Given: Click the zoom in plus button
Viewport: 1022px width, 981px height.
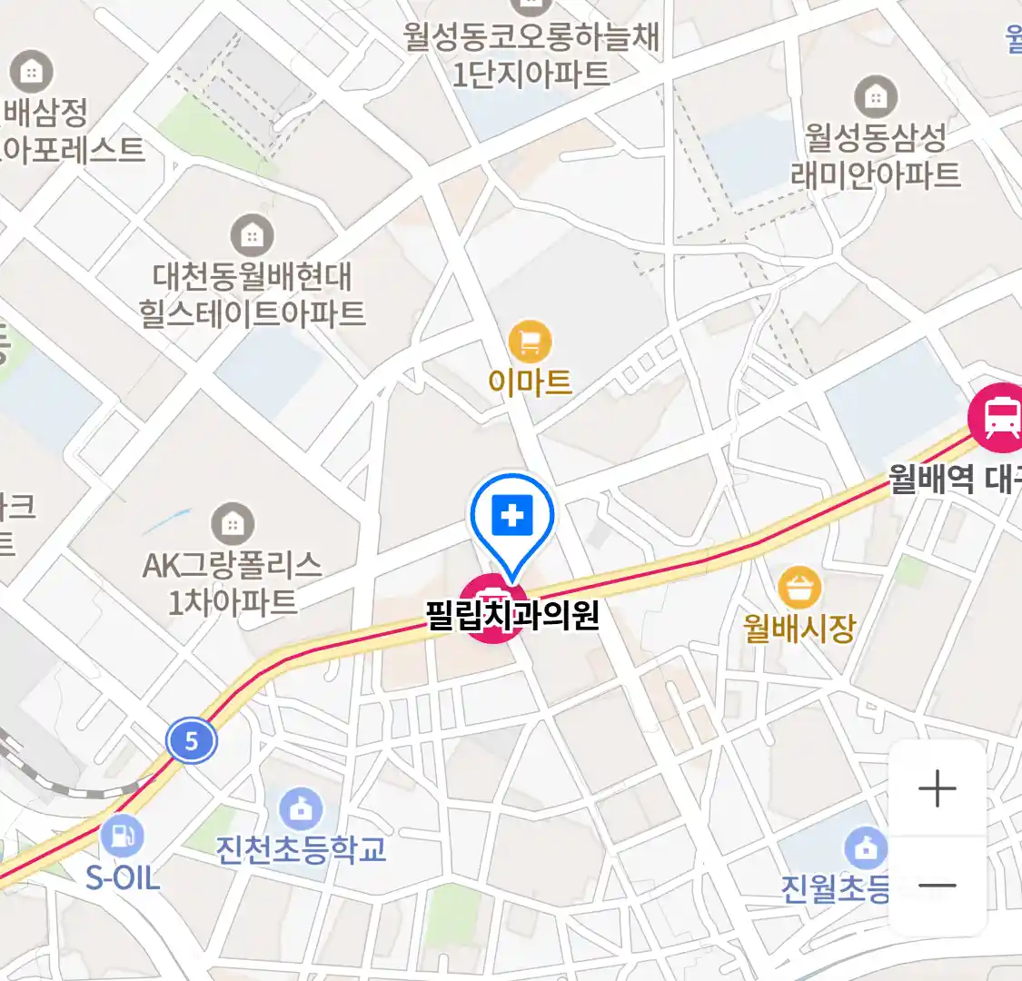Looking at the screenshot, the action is click(x=937, y=788).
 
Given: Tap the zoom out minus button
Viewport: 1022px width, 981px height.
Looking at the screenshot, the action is click(x=937, y=885).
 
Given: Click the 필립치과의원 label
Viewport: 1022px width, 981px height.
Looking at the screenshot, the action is click(x=513, y=615).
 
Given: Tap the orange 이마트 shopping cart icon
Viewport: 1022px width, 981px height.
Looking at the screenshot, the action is click(x=530, y=342).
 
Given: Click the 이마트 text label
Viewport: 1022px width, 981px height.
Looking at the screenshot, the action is click(x=530, y=381).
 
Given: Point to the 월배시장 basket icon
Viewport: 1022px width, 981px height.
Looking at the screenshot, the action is click(x=799, y=588).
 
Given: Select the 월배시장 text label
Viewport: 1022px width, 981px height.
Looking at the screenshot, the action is click(x=799, y=627).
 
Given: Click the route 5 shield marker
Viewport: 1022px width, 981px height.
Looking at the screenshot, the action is click(x=192, y=741).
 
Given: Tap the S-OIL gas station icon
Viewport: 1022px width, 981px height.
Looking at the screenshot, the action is click(x=123, y=836).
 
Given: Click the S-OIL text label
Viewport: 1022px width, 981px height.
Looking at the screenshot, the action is click(x=123, y=877).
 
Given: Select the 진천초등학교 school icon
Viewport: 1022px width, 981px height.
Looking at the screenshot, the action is click(x=301, y=808).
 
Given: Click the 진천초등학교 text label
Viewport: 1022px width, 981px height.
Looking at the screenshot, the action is click(x=301, y=849).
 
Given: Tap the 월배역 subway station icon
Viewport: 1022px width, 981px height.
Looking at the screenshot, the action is click(x=999, y=417).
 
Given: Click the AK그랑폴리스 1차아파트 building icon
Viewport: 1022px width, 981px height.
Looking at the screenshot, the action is click(x=233, y=524).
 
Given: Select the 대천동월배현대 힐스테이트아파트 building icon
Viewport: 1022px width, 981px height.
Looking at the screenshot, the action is click(x=252, y=237).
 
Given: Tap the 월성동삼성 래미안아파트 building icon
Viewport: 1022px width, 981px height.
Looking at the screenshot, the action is click(x=876, y=96).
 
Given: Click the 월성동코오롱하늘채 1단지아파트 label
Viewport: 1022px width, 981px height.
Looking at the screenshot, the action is click(x=531, y=54).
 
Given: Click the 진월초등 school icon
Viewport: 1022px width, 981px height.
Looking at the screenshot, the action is click(x=866, y=848).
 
